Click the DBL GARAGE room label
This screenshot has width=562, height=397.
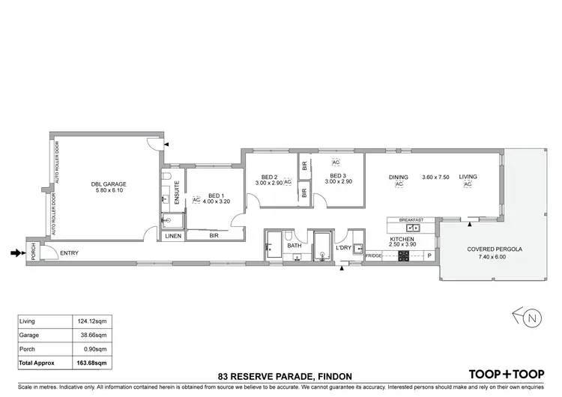tap(109, 184)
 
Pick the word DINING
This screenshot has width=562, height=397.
tap(399, 177)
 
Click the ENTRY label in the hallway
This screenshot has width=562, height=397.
tap(70, 253)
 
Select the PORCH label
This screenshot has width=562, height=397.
tap(33, 252)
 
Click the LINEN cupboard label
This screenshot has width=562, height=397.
tap(172, 235)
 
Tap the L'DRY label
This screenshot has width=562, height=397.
tap(344, 247)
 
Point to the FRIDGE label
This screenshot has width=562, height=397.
tap(373, 256)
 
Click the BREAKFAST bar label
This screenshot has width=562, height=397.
tap(411, 219)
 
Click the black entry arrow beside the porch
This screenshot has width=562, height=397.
tap(15, 253)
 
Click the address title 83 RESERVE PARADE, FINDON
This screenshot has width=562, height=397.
tap(280, 375)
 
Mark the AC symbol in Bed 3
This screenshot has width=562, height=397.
tap(336, 162)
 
